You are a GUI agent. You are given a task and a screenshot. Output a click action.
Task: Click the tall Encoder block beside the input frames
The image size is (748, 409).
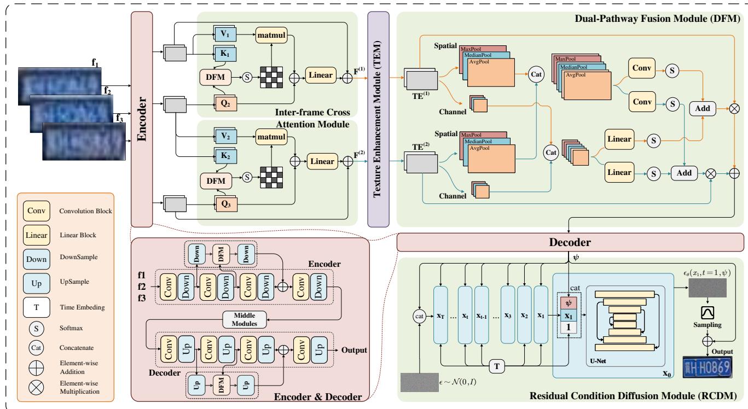point(141,120)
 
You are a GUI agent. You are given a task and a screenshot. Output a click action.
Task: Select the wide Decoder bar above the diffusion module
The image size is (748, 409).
point(570,242)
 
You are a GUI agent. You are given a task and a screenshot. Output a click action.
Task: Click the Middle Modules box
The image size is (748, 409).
point(245,320)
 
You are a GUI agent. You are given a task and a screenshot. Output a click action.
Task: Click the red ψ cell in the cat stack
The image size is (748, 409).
point(569,302)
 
